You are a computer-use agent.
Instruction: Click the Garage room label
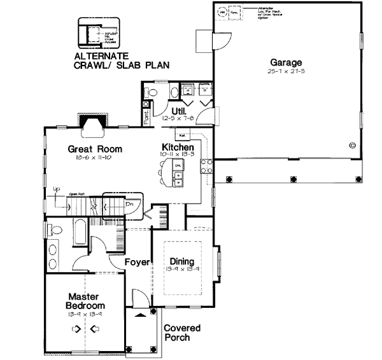[285, 62]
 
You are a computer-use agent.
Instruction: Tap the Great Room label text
[95, 149]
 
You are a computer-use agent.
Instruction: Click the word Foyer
[136, 261]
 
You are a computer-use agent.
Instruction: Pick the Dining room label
[181, 261]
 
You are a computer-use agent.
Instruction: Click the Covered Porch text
[182, 333]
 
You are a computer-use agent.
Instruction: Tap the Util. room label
[169, 111]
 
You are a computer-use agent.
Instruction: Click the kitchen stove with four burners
[206, 167]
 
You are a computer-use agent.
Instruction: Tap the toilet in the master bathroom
[54, 230]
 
